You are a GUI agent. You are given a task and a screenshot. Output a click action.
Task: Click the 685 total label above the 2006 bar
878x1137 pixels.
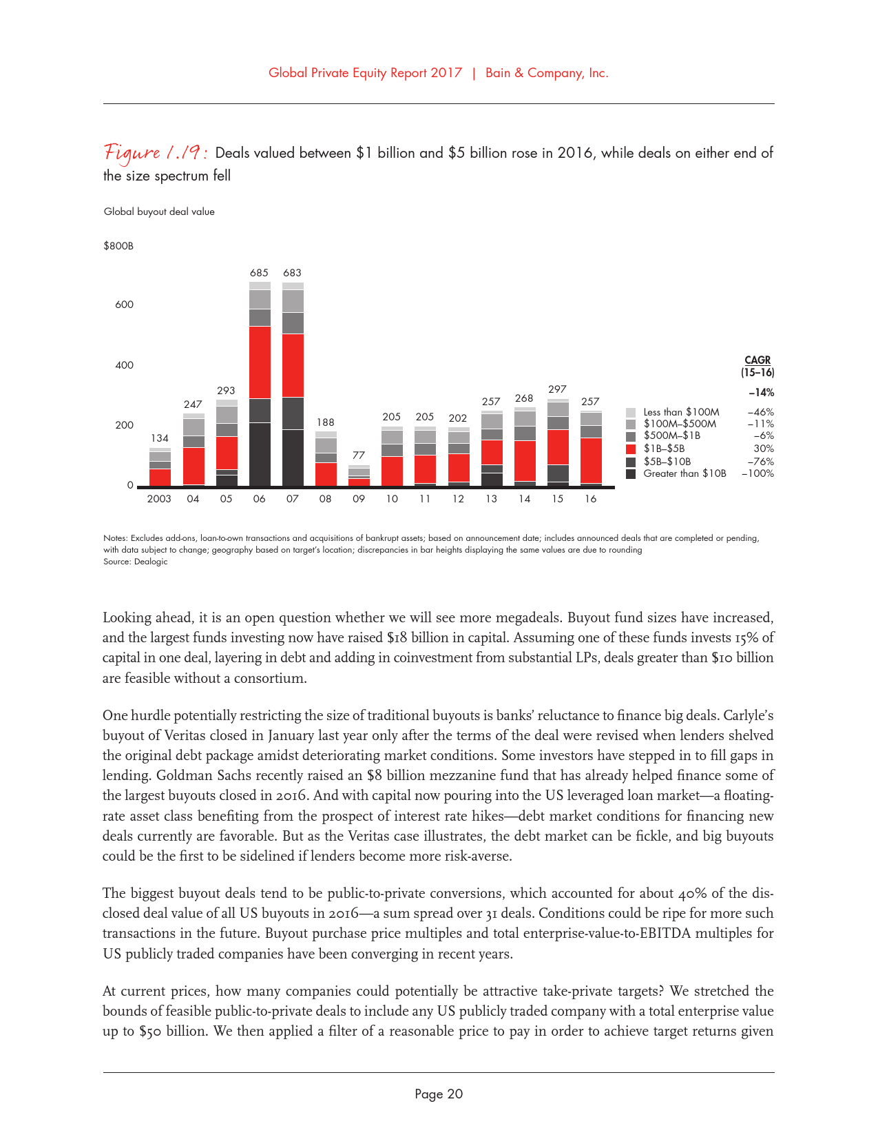(x=259, y=273)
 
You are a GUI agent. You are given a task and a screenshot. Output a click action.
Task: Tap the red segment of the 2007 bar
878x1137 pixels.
(x=293, y=365)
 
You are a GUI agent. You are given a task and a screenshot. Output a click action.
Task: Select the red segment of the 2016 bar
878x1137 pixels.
(x=591, y=460)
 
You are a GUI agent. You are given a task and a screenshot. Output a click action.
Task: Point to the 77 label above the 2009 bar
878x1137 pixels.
(x=358, y=455)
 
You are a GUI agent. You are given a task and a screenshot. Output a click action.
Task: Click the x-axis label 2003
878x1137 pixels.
(x=159, y=499)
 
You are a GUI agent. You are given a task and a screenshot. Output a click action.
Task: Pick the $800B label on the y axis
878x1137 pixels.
(x=118, y=246)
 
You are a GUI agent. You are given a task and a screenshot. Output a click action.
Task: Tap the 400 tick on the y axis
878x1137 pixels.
(x=125, y=365)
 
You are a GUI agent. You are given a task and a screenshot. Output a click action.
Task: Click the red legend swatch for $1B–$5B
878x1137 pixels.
(x=631, y=449)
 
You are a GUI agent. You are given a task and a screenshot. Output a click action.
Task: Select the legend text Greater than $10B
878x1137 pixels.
(x=684, y=473)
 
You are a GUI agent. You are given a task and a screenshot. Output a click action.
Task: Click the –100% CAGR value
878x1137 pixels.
(x=757, y=473)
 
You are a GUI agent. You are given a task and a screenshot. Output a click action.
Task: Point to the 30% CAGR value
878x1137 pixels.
(x=764, y=449)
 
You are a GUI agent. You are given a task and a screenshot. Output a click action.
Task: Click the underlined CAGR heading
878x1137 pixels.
(x=757, y=360)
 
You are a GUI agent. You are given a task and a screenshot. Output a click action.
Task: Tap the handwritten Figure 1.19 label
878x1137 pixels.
(x=156, y=152)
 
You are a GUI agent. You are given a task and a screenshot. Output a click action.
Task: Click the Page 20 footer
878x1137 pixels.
(x=439, y=1094)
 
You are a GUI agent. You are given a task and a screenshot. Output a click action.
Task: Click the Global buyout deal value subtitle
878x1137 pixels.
(x=159, y=212)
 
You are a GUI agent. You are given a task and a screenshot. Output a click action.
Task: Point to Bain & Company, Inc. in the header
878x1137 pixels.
(x=547, y=73)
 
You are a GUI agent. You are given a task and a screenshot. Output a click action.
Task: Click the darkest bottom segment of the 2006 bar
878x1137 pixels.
(x=260, y=454)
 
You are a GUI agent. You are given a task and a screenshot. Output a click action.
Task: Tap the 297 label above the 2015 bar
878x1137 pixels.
(x=557, y=389)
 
